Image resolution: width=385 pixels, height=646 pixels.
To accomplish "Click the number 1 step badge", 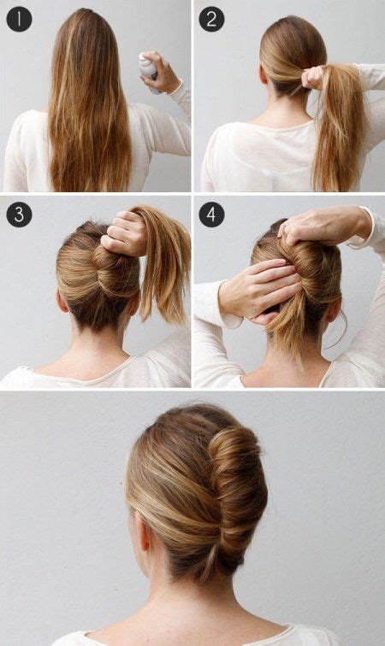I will [19, 19].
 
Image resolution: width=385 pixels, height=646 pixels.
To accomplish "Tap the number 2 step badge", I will [210, 19].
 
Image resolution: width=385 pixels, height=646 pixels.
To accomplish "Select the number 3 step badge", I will [19, 214].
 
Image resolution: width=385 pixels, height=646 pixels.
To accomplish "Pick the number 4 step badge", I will [210, 214].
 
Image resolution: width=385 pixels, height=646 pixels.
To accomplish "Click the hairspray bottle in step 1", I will [149, 66].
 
